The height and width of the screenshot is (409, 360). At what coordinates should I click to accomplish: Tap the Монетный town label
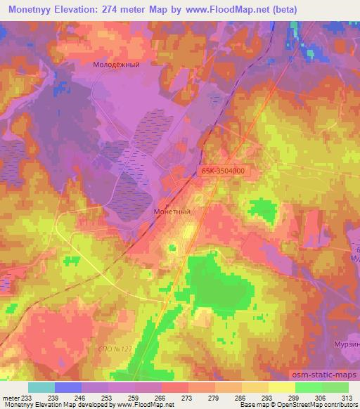coord(172,210)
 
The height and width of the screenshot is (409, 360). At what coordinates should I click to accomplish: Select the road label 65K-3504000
coord(223,171)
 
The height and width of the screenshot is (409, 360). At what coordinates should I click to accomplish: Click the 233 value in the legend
coord(27,398)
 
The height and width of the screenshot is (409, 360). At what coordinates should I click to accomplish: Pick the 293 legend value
coord(268,398)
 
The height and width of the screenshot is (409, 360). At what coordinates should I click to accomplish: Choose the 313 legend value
coord(347,398)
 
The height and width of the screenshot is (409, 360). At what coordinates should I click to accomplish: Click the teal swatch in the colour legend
coord(41,387)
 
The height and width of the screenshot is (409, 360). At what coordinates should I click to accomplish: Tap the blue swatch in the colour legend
coord(68,387)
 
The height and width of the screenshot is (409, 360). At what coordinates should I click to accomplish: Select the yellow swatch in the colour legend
coord(281,387)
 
